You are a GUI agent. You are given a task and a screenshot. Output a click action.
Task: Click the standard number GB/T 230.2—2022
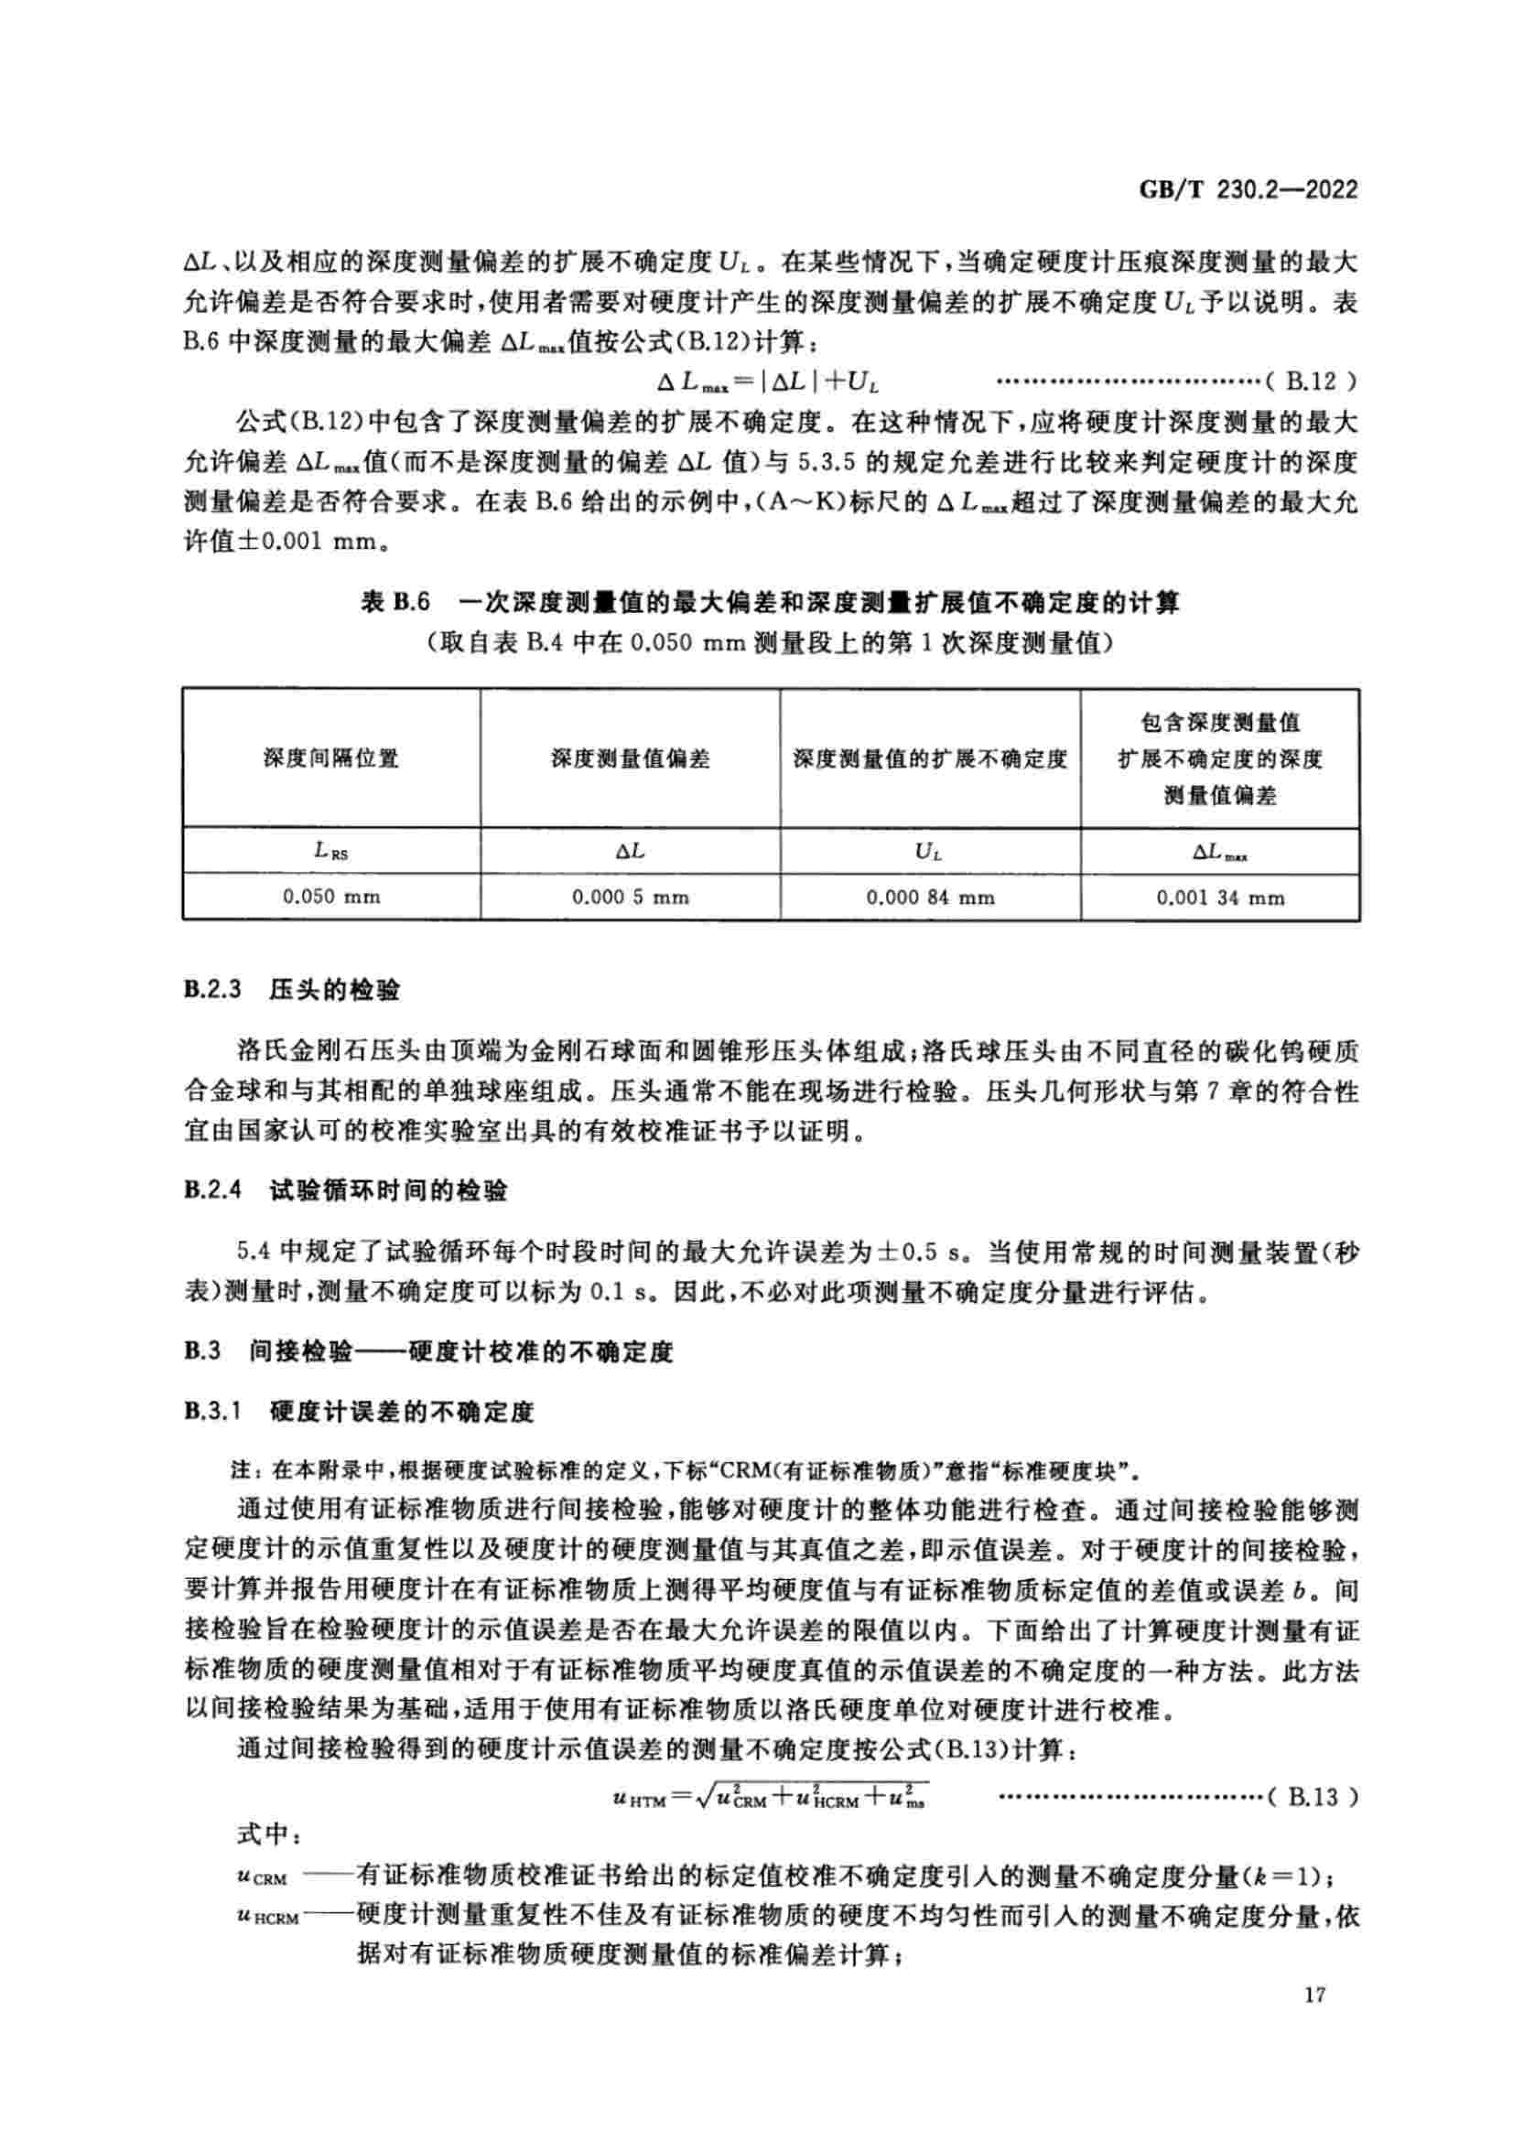coord(1248,190)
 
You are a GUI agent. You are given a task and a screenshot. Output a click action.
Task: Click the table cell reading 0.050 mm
coord(332,897)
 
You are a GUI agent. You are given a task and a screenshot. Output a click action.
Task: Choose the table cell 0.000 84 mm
coord(930,898)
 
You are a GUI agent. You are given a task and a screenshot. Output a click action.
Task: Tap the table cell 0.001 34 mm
coord(1220,898)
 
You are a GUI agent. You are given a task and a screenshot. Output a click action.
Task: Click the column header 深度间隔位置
coord(332,758)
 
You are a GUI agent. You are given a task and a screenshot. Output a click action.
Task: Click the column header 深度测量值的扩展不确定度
coord(930,758)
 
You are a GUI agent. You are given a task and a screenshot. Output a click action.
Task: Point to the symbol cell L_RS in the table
coord(332,851)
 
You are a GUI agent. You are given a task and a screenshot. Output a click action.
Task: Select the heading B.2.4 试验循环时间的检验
coord(346,1190)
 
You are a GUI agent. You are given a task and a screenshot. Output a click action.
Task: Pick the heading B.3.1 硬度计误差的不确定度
coord(359,1411)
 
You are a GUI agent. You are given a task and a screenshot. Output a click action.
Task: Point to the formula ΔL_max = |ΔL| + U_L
coord(770,382)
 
